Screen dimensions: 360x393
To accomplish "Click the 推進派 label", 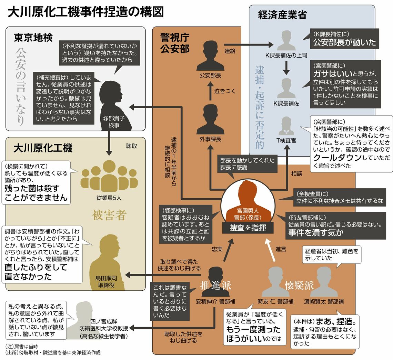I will click(x=215, y=285).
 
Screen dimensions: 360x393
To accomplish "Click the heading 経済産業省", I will click(x=282, y=15).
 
